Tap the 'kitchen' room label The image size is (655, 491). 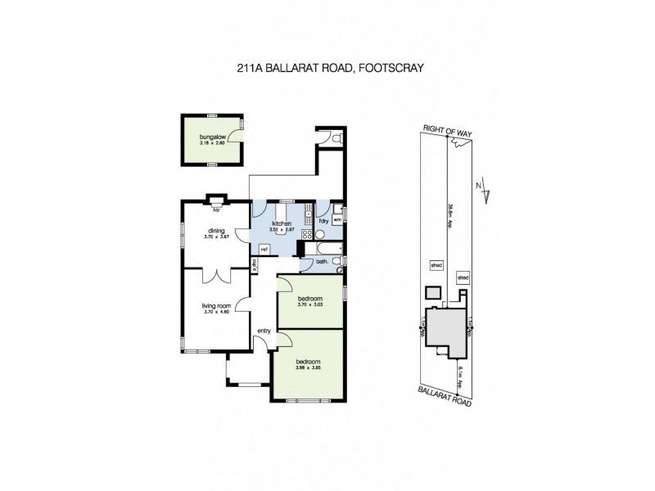tap(282, 223)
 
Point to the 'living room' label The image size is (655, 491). tap(217, 305)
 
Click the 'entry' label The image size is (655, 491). tap(264, 331)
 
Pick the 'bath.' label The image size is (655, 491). tap(322, 261)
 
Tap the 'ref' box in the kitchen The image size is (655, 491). tap(264, 249)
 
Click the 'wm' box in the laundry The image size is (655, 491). tap(337, 219)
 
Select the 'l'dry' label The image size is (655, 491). tap(323, 220)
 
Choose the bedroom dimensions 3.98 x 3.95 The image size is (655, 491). tap(307, 367)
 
